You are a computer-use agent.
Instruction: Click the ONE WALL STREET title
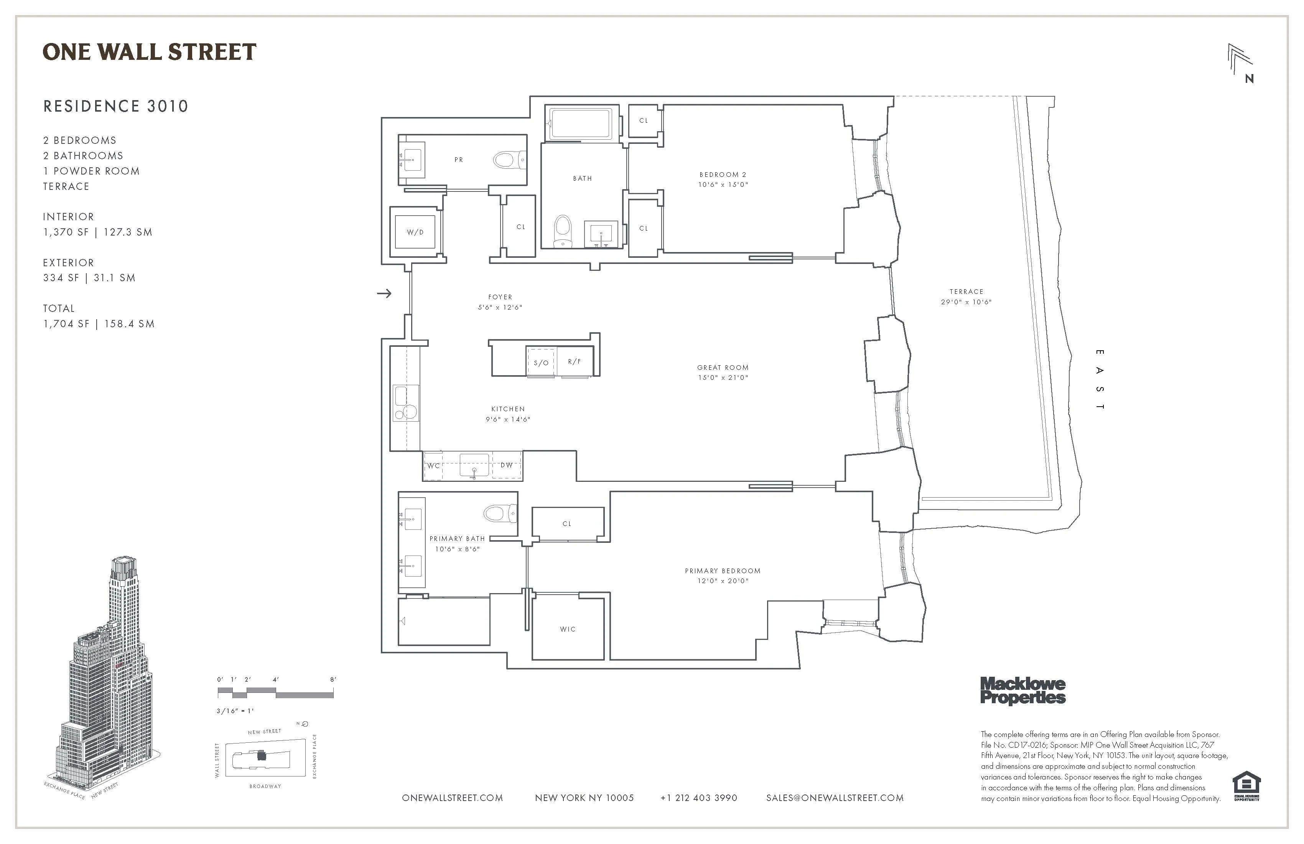click(149, 52)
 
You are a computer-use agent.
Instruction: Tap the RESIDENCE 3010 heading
click(115, 106)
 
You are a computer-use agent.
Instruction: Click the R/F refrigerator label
click(574, 361)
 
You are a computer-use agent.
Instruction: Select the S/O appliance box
click(541, 362)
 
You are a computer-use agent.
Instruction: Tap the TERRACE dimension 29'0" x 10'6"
click(966, 302)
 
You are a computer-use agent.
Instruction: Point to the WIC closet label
click(568, 629)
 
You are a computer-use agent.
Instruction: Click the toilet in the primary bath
click(499, 514)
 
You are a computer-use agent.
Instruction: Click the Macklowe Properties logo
click(1022, 691)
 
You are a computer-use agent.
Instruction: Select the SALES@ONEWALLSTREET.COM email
click(835, 798)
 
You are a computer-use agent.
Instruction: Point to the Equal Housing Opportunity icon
click(1246, 785)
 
